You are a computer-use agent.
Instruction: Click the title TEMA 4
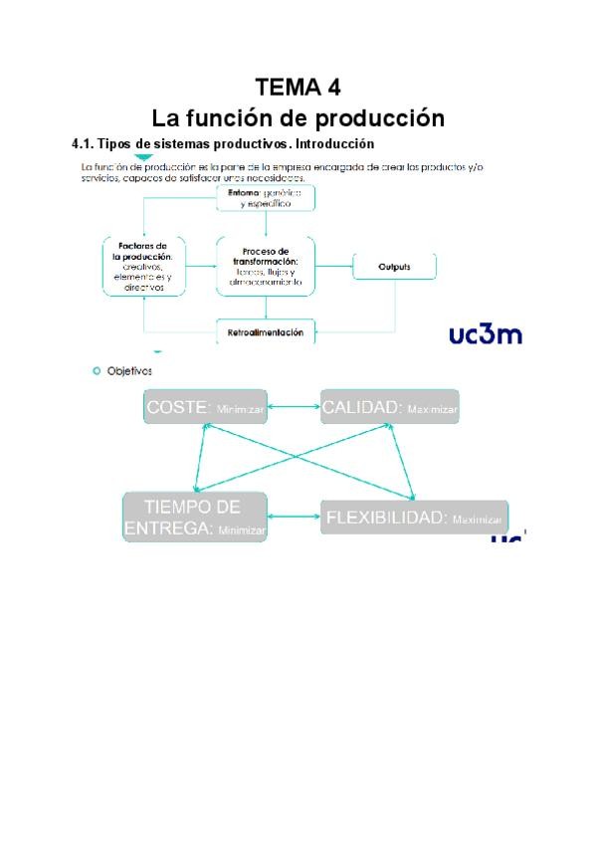[298, 87]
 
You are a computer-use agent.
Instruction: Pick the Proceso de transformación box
[265, 267]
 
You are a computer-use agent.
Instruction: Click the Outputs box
[394, 267]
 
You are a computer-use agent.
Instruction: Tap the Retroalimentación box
[265, 331]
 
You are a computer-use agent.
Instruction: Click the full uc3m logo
[486, 333]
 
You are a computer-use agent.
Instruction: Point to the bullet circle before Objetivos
[97, 370]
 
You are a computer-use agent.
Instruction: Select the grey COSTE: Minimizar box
[206, 407]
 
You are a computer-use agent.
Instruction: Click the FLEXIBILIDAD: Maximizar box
[414, 518]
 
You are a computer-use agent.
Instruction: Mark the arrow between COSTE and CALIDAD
[294, 407]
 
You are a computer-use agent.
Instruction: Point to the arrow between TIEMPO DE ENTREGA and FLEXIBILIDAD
[296, 518]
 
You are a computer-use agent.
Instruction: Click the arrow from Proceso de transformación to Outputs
[334, 267]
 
